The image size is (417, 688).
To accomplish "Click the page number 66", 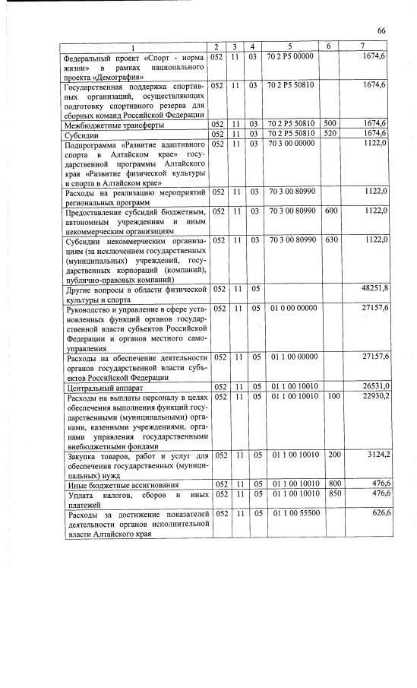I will tap(381, 30).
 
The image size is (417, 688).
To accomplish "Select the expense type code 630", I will tap(330, 240).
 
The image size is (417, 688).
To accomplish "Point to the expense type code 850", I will tap(330, 493).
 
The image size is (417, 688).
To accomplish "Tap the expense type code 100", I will tap(330, 396).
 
